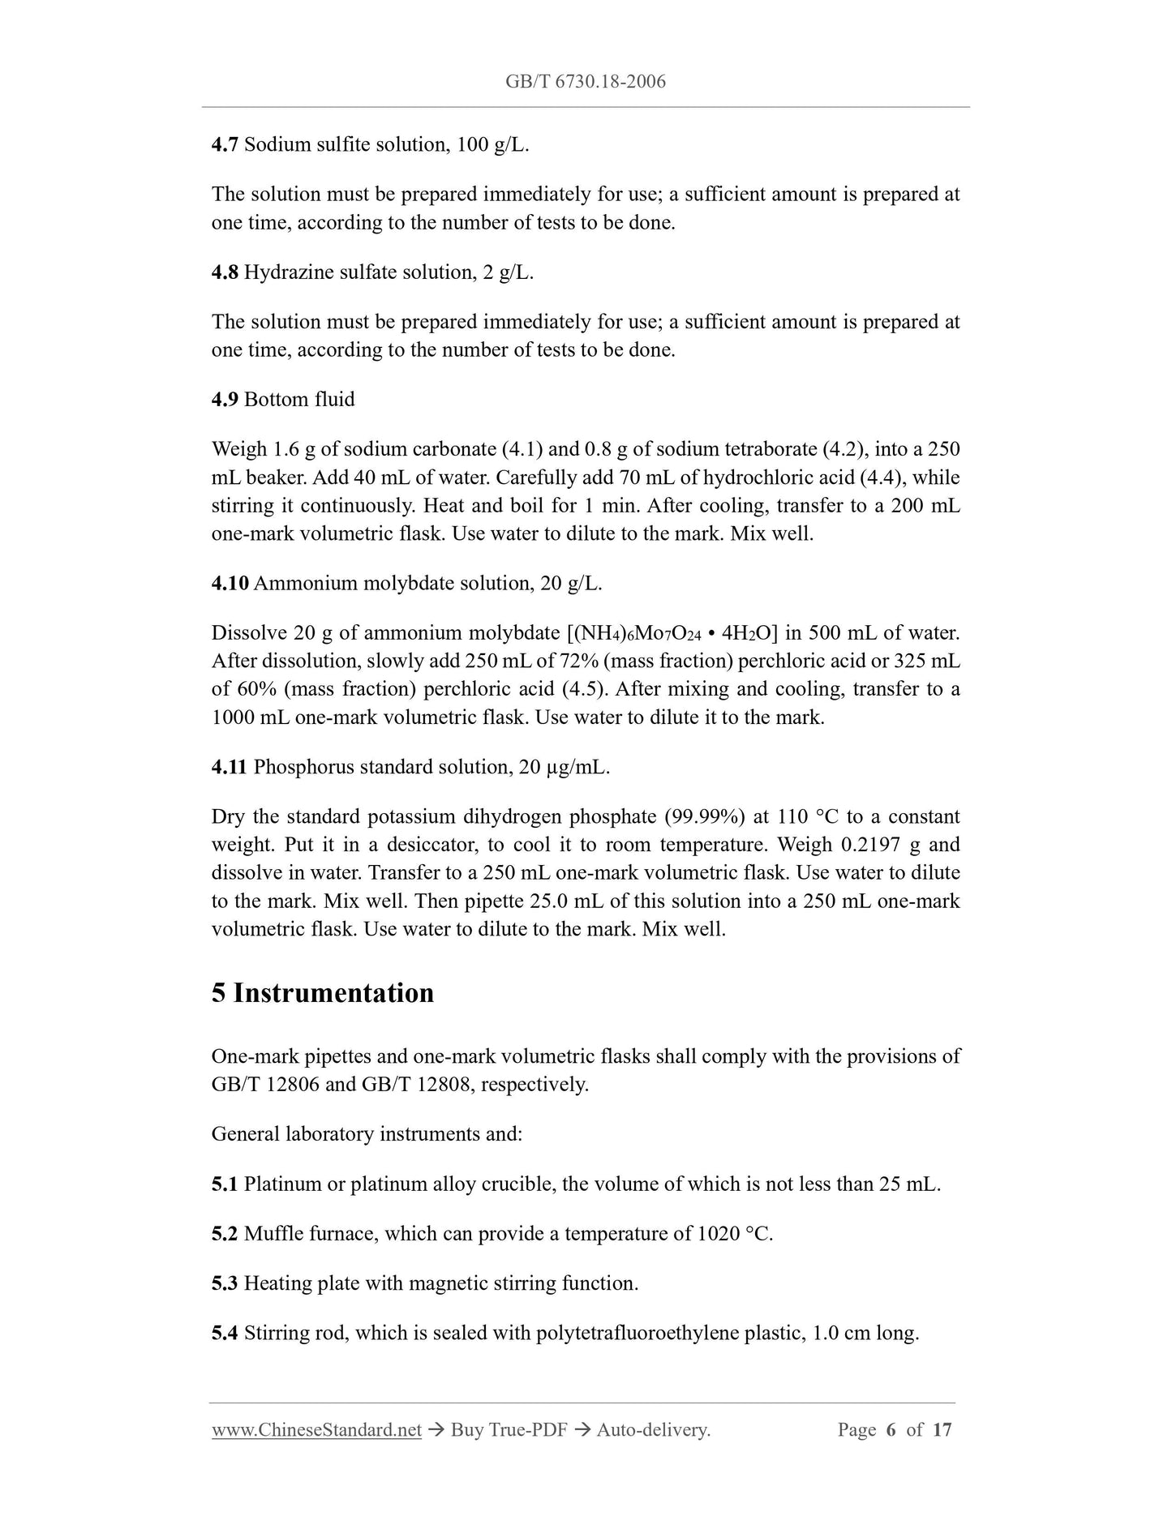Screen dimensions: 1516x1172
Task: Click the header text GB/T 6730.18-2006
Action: (585, 81)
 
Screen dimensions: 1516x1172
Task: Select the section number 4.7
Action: (225, 145)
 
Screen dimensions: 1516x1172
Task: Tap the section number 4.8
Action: (225, 272)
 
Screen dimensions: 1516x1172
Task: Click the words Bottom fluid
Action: (299, 400)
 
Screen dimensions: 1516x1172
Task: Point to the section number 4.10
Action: (230, 584)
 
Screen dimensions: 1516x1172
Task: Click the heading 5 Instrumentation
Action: (323, 993)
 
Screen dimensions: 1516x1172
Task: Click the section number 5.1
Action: (225, 1184)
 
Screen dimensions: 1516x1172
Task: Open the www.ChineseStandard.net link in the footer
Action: (316, 1430)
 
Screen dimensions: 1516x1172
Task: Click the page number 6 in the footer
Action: (891, 1430)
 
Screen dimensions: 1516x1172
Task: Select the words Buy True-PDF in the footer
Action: (509, 1430)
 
